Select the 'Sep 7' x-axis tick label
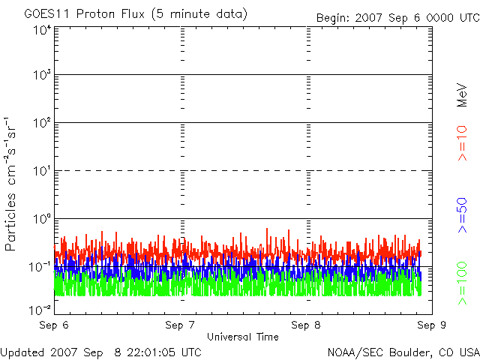[180, 325]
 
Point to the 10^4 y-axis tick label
[41, 29]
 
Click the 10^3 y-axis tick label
[41, 76]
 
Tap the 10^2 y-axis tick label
[41, 123]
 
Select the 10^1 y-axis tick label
[41, 171]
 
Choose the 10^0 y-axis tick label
[41, 219]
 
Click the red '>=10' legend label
[462, 143]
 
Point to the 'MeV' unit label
[462, 94]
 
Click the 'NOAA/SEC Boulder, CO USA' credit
[403, 352]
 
